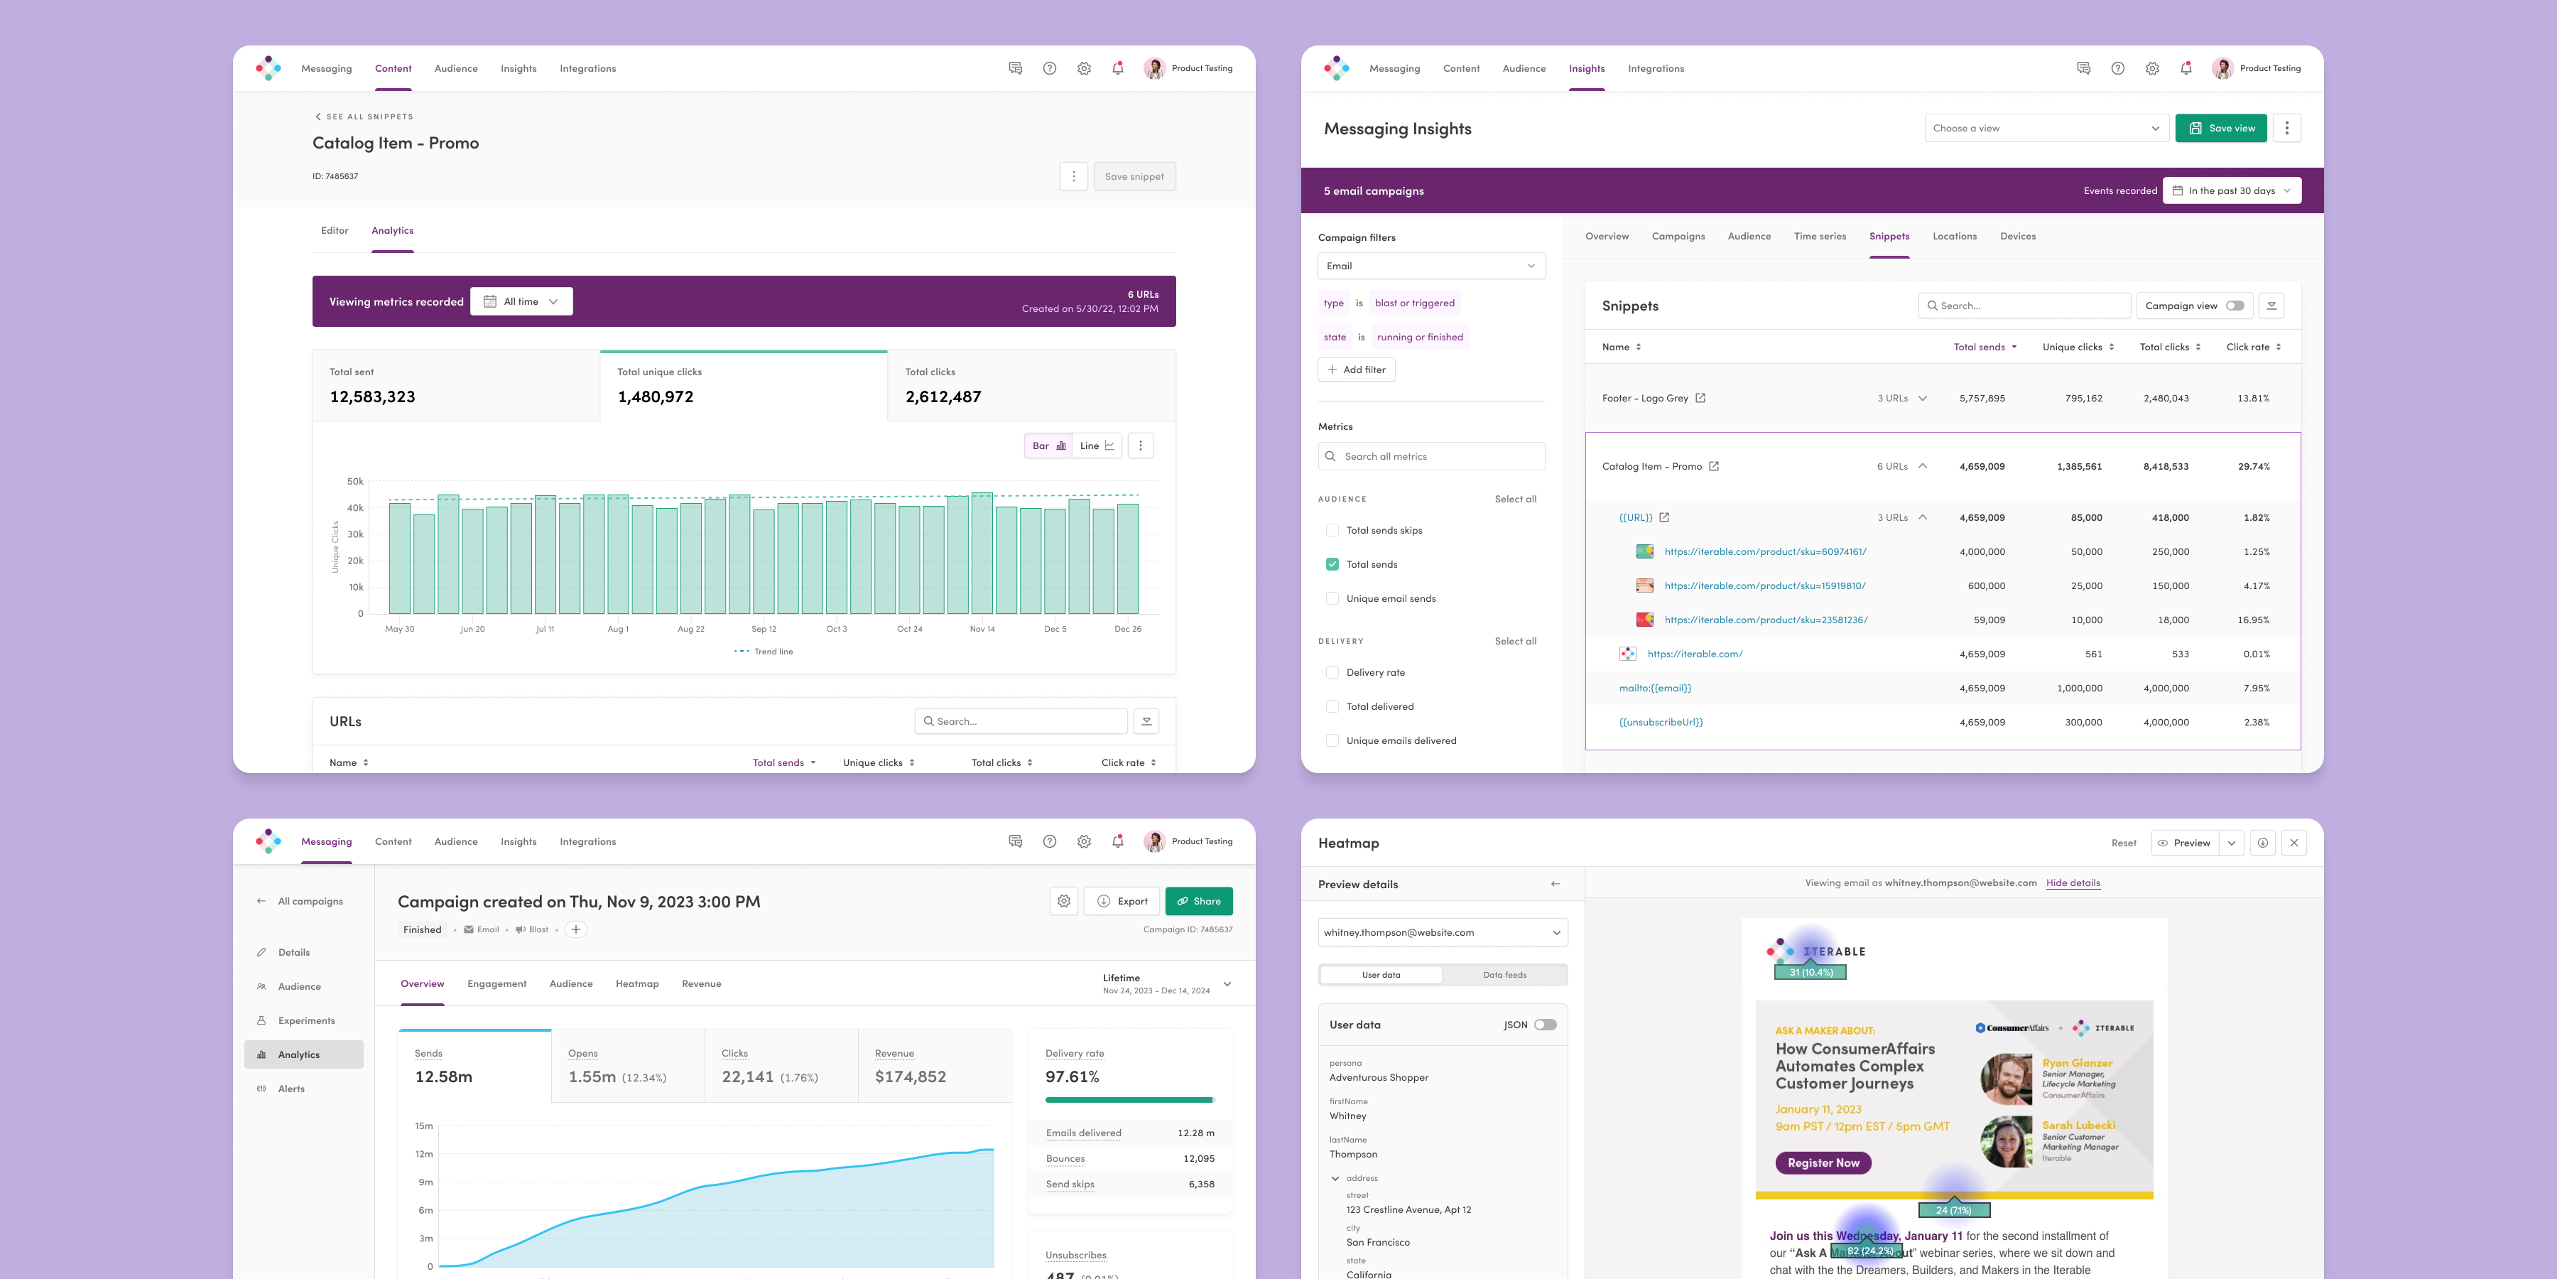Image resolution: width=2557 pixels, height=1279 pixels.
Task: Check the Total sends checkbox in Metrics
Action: pyautogui.click(x=1332, y=564)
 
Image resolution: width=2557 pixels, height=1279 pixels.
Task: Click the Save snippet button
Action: pyautogui.click(x=1134, y=177)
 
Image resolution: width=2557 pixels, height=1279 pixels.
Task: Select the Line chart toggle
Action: pyautogui.click(x=1097, y=446)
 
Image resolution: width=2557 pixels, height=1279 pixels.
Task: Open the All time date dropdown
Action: pyautogui.click(x=521, y=302)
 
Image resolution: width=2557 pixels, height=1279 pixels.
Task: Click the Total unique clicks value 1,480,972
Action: pyautogui.click(x=655, y=397)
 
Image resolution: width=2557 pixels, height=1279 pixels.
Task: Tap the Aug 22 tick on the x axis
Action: pyautogui.click(x=691, y=629)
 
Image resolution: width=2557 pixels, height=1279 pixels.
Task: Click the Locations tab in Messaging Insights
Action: pyautogui.click(x=1953, y=237)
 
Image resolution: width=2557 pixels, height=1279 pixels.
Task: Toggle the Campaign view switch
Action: pyautogui.click(x=2235, y=306)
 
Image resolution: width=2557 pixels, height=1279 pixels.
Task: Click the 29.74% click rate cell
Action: pyautogui.click(x=2253, y=467)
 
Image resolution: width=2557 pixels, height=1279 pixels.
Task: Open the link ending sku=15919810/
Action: pyautogui.click(x=1765, y=586)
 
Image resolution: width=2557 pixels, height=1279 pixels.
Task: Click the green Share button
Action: pyautogui.click(x=1198, y=902)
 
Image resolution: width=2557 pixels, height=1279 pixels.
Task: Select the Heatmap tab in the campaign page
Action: pyautogui.click(x=636, y=984)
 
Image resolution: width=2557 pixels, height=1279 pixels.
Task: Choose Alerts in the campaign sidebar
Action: pyautogui.click(x=291, y=1089)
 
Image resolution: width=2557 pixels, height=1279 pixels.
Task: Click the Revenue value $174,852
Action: pyautogui.click(x=909, y=1077)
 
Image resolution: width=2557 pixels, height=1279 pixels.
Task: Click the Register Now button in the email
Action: pyautogui.click(x=1823, y=1162)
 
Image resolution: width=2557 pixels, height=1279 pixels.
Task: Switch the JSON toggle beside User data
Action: pyautogui.click(x=1545, y=1025)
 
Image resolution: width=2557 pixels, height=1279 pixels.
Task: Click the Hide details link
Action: pyautogui.click(x=2073, y=883)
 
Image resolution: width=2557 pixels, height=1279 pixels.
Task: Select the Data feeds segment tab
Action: pyautogui.click(x=1504, y=975)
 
